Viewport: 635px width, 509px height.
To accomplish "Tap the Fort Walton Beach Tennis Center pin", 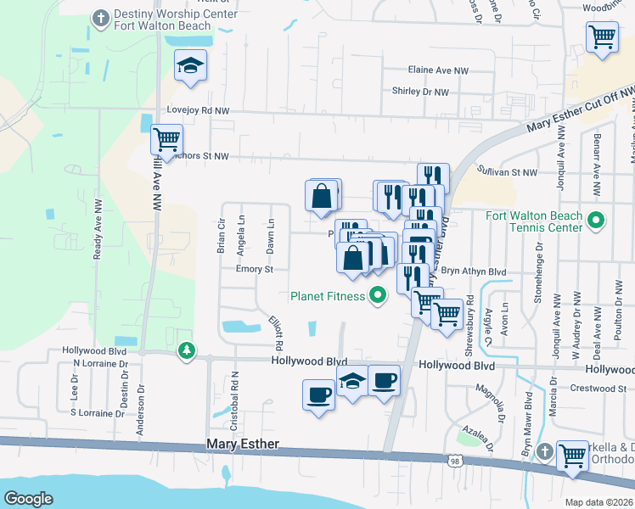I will (596, 222).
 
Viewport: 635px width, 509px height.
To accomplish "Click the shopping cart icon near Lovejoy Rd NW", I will (166, 138).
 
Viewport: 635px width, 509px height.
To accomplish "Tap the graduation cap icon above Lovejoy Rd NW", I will (190, 64).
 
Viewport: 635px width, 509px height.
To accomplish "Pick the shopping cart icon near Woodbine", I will (601, 36).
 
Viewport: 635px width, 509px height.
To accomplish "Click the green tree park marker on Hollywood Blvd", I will (186, 350).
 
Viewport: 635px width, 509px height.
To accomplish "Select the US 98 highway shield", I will (456, 459).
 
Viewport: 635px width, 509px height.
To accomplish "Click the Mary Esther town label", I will (243, 445).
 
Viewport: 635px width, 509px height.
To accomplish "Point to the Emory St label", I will (255, 269).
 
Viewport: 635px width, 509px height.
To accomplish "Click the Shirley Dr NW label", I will (419, 91).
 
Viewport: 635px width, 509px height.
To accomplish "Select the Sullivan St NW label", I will (508, 172).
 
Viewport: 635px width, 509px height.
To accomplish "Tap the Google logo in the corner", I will (29, 499).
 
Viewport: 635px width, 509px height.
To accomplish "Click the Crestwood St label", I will (598, 389).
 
